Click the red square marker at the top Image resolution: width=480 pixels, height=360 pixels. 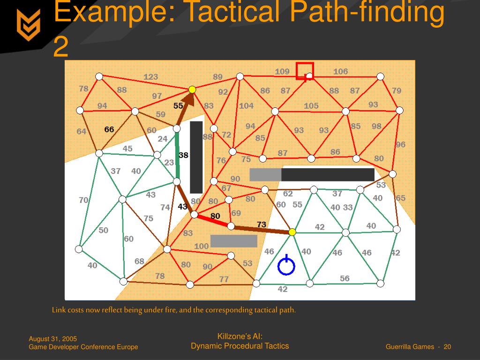tap(305, 71)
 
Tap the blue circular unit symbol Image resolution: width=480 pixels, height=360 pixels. tap(286, 266)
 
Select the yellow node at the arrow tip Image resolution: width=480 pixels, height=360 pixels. tap(192, 89)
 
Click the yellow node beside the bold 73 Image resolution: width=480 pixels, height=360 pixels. tap(292, 232)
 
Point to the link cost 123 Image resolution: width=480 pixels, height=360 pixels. tap(150, 77)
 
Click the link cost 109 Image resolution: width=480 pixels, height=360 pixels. tap(282, 72)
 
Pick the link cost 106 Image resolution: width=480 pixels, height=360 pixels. tap(340, 71)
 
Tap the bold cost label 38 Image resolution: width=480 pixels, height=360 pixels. tap(183, 155)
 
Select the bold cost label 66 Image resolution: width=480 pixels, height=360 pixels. tap(109, 129)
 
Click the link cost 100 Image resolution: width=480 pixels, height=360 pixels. tap(201, 246)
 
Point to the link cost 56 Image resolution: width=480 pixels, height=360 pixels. tap(345, 278)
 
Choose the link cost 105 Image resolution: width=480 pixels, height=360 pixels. tap(311, 106)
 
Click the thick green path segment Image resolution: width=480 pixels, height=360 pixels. tap(177, 155)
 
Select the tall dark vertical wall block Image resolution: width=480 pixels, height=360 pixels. tap(196, 157)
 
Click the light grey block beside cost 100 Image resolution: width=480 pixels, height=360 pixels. tap(233, 241)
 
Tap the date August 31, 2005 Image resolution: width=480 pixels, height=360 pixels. tap(53, 339)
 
